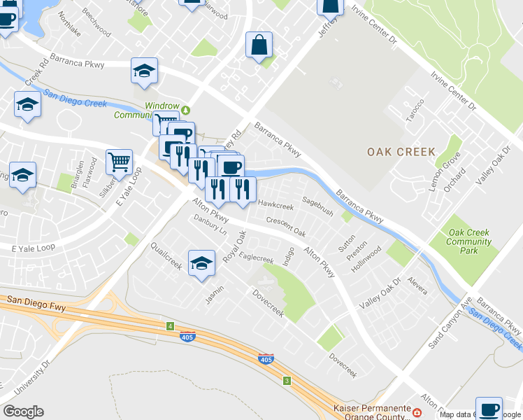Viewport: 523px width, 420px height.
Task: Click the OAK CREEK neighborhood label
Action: (401, 152)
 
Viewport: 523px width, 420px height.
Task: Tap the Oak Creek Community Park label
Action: (469, 241)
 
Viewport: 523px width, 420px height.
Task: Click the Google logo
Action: (23, 411)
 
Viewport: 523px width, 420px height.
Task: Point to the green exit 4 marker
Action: (170, 326)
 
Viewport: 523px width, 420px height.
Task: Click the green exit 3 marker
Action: (286, 381)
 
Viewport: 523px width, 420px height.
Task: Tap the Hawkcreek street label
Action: (275, 205)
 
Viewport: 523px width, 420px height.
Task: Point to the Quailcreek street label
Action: (166, 256)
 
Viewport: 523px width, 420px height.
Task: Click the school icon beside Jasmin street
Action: (201, 263)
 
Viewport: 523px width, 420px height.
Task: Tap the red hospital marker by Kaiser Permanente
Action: (417, 413)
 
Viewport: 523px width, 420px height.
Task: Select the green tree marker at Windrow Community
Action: (185, 109)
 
